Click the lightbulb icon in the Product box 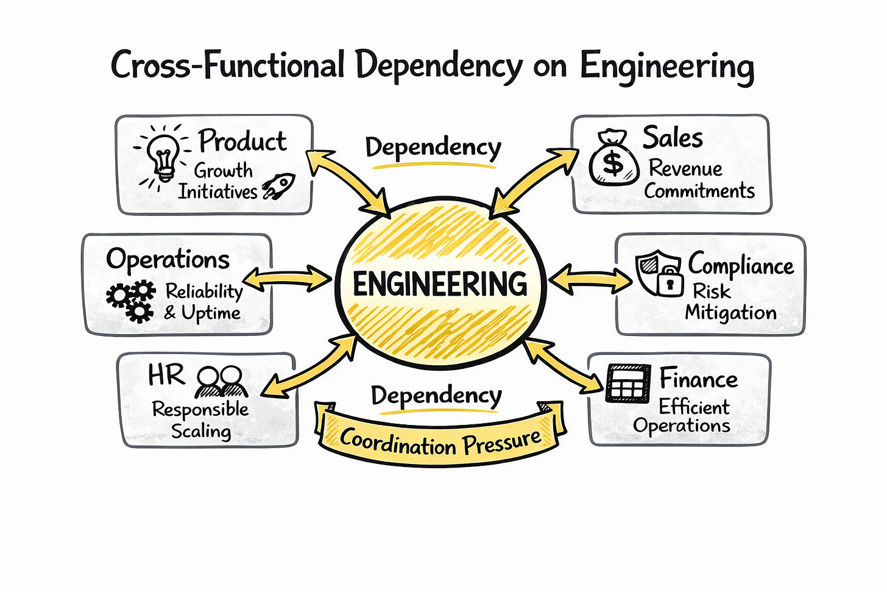(163, 155)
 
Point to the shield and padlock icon (659, 274)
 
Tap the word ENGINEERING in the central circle (440, 284)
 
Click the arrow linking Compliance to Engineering (590, 279)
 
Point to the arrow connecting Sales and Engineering (534, 180)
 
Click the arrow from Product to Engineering (348, 182)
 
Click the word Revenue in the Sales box (685, 168)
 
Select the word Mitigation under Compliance (730, 313)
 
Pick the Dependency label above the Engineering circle (433, 148)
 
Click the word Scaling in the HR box (201, 432)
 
